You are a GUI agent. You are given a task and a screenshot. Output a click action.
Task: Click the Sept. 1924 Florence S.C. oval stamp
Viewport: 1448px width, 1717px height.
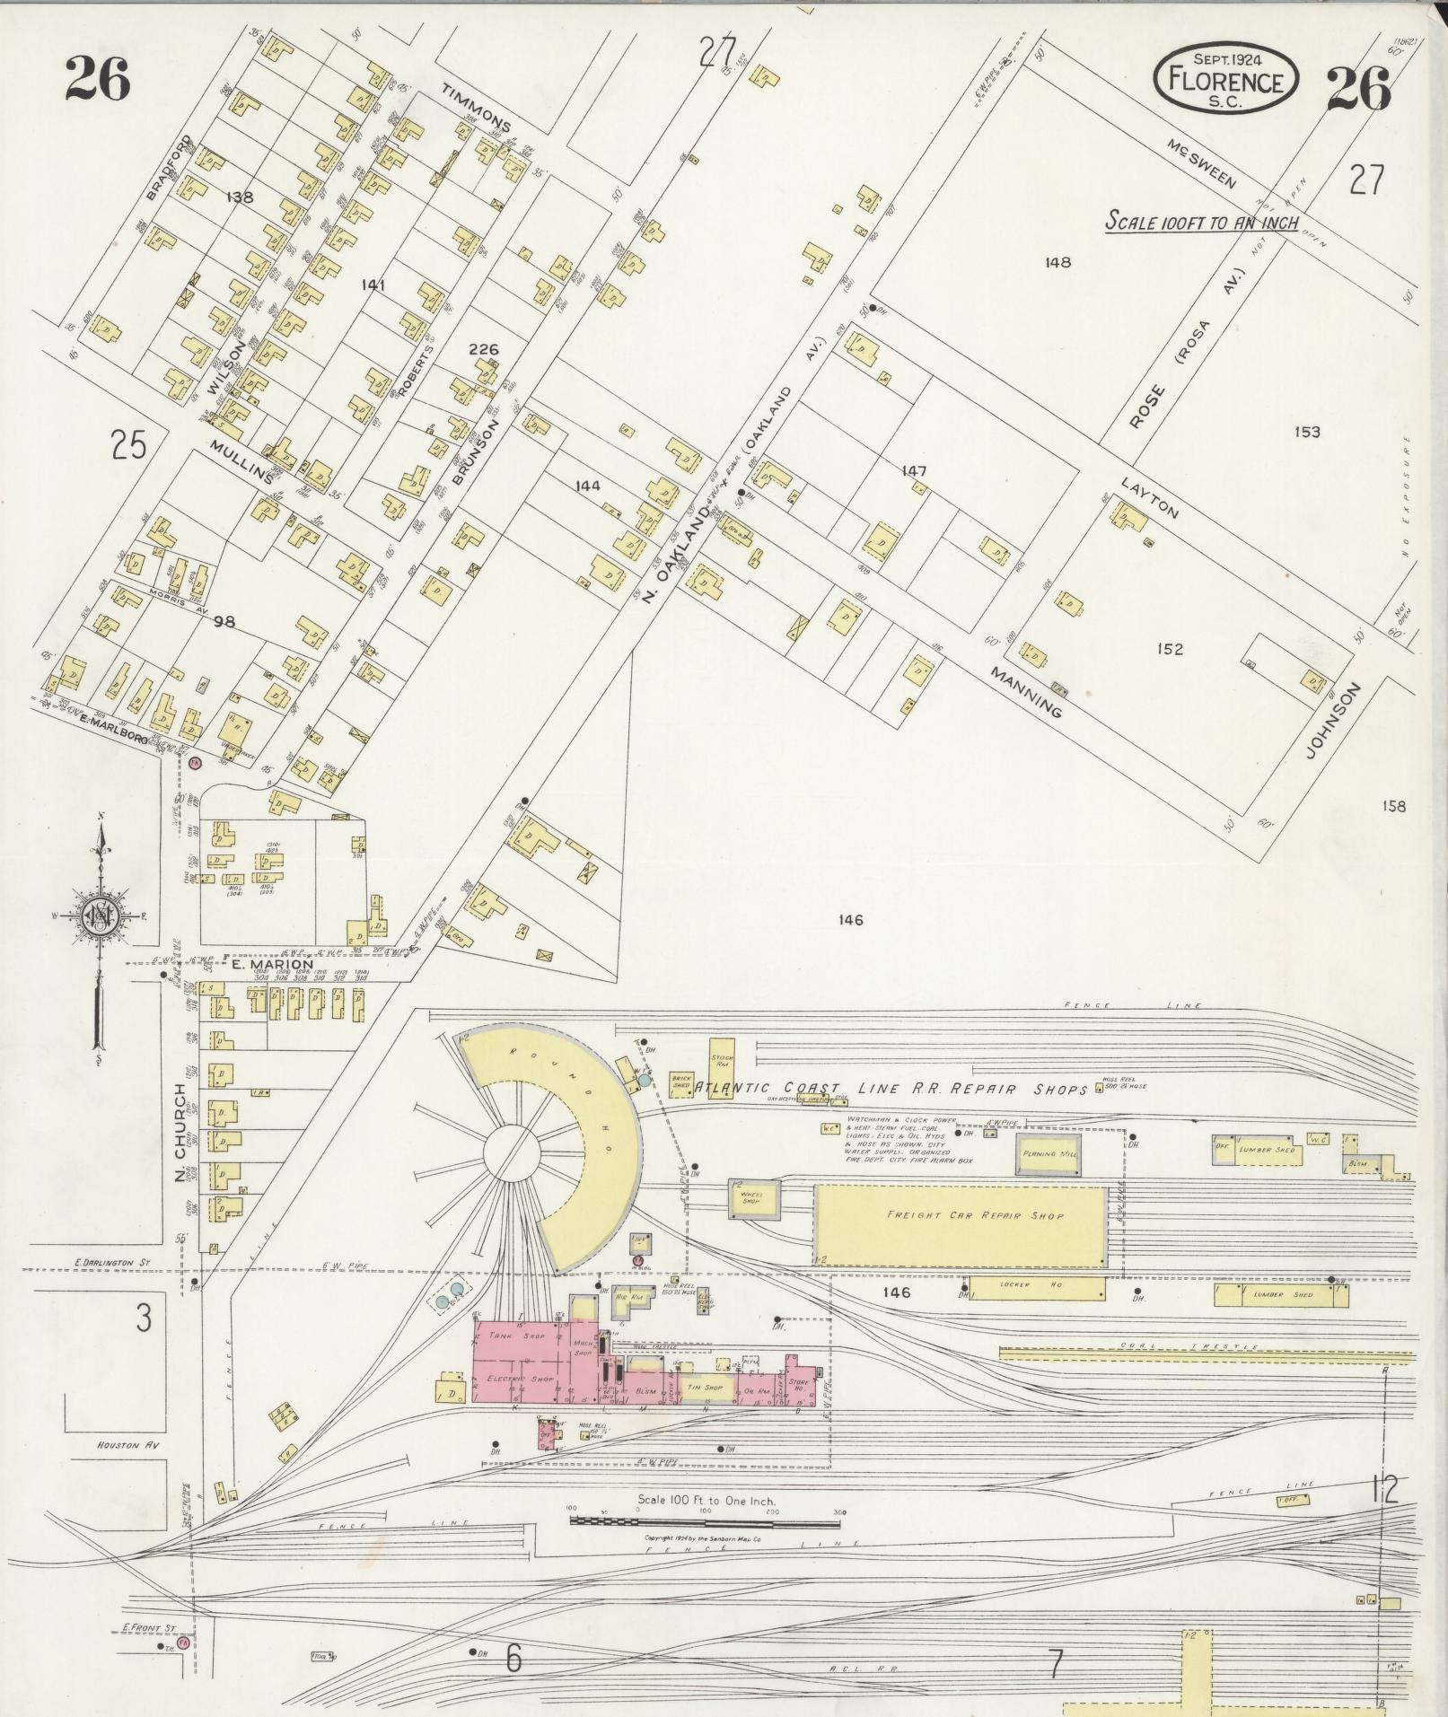[1225, 79]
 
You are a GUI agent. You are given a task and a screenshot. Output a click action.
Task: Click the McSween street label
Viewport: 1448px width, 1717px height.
[1202, 163]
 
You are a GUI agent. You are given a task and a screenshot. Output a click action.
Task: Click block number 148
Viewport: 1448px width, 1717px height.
[1058, 262]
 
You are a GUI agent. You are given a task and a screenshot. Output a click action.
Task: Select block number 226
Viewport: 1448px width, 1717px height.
[483, 349]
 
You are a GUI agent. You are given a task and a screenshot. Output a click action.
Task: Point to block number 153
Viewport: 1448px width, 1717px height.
[1307, 432]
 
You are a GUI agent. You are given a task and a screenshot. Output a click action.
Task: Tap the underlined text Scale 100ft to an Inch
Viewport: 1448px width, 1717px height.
[1201, 221]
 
